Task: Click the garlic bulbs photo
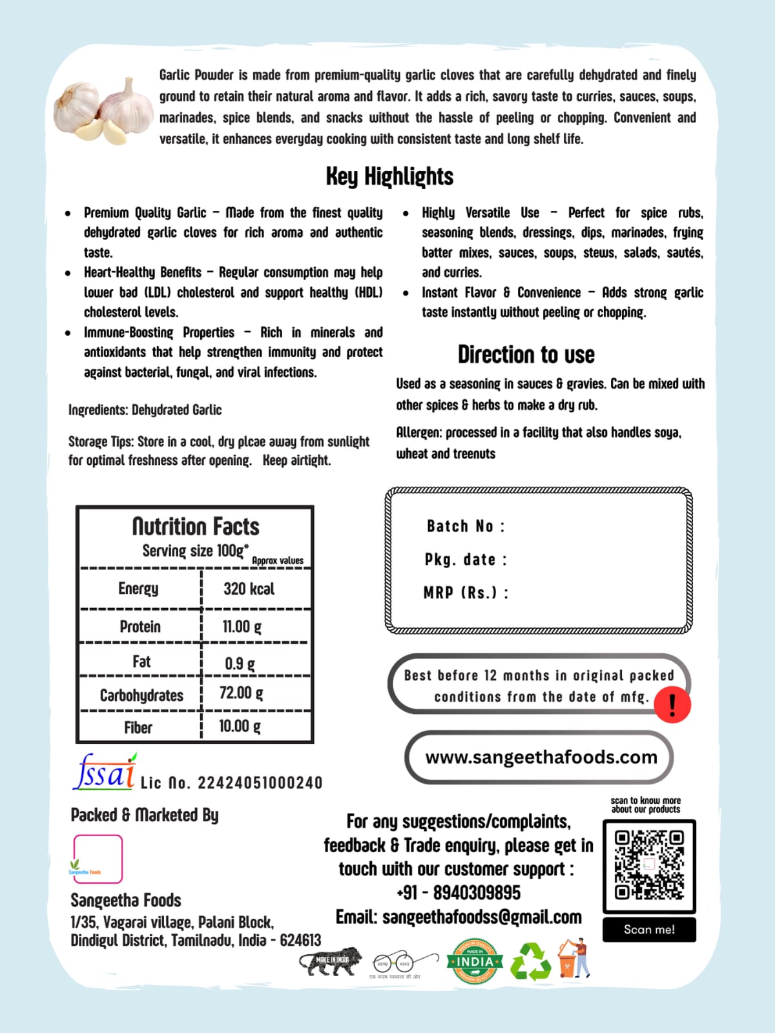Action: tap(103, 110)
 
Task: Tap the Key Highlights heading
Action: tap(389, 176)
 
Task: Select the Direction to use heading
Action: tap(526, 354)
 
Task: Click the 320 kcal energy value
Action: tap(249, 589)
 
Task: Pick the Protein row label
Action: tap(140, 626)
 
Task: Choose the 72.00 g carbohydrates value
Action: tap(242, 693)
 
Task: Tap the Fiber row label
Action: tap(138, 728)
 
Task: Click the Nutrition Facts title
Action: tap(196, 527)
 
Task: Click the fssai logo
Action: tap(105, 772)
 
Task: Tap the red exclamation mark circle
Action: tap(672, 705)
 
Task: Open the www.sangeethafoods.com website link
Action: tap(541, 757)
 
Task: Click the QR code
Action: tap(649, 866)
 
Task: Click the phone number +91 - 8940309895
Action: tap(459, 893)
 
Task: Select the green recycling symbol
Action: tap(530, 961)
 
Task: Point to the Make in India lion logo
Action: tap(331, 960)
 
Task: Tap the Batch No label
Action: tap(466, 526)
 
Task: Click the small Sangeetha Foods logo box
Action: tap(98, 859)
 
